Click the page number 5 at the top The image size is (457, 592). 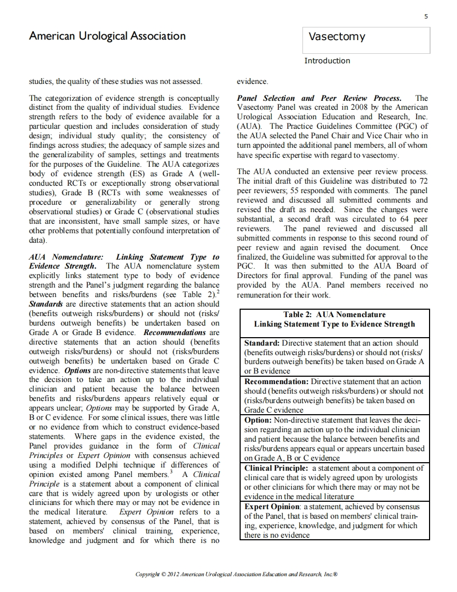click(x=426, y=17)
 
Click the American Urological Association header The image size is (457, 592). click(x=107, y=36)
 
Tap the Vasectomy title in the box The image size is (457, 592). click(x=336, y=37)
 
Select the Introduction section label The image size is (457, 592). click(x=327, y=61)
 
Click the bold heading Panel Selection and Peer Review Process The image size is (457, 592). click(x=319, y=98)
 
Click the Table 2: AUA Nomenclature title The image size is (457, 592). click(x=334, y=314)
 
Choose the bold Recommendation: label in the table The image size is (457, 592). click(x=277, y=381)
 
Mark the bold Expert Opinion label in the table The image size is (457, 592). click(x=271, y=507)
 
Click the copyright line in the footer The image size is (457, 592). click(x=236, y=574)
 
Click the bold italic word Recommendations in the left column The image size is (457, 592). click(x=175, y=333)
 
